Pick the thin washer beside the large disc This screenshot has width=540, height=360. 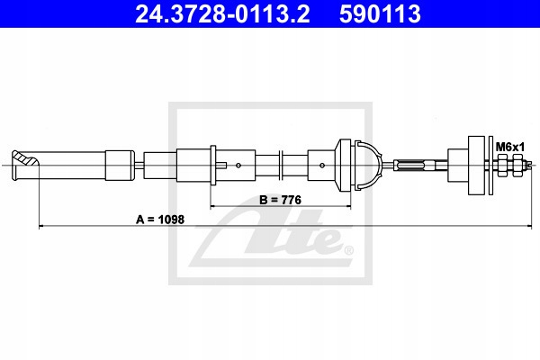(x=490, y=165)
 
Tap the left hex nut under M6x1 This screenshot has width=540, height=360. (x=503, y=165)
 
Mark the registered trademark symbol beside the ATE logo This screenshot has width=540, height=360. (x=348, y=250)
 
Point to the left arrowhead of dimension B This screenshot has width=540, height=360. (x=214, y=208)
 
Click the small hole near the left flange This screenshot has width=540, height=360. (x=238, y=165)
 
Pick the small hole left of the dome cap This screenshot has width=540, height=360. (x=321, y=165)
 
